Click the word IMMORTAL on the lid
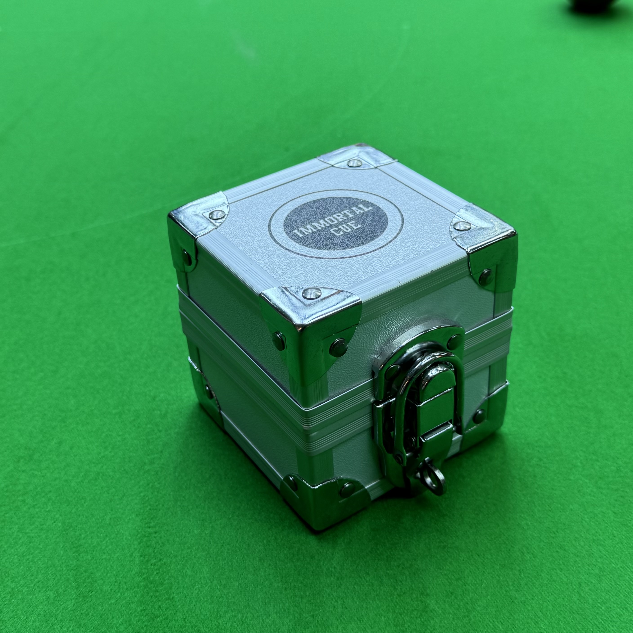click(333, 218)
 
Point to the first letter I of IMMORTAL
click(298, 234)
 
